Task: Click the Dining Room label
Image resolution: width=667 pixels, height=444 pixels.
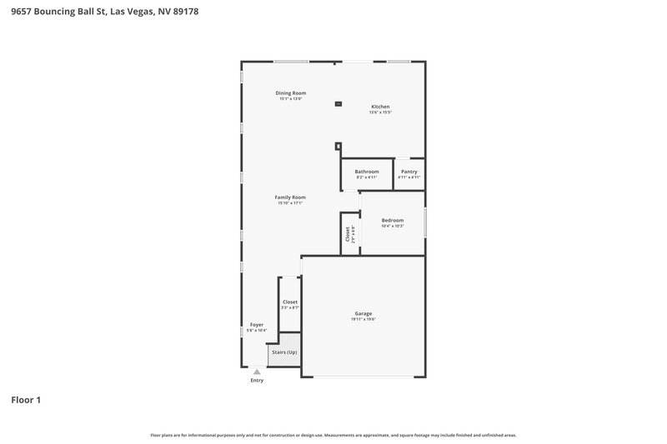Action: [x=291, y=92]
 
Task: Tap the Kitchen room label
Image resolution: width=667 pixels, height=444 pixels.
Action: [x=380, y=107]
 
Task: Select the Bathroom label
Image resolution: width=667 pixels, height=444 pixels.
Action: [x=367, y=172]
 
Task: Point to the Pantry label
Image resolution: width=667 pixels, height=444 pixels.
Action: [x=409, y=172]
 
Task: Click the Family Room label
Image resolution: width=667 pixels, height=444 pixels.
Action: [x=290, y=197]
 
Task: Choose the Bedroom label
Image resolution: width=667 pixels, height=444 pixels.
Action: [x=392, y=220]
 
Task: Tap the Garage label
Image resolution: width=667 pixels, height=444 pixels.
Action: [x=364, y=313]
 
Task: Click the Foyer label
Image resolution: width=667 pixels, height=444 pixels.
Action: [x=257, y=325]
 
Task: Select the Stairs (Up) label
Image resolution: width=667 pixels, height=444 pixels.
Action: [x=283, y=352]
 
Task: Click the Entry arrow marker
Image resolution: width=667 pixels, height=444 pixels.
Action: [x=257, y=372]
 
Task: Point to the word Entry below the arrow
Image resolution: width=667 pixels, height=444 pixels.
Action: [x=257, y=381]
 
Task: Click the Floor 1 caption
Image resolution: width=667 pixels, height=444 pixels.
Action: [x=26, y=401]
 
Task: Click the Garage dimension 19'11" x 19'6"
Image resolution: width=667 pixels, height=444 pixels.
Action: [x=364, y=319]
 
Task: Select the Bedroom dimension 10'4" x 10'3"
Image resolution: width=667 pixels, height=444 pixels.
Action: [x=392, y=226]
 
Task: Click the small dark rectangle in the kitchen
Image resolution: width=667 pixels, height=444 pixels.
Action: [x=338, y=104]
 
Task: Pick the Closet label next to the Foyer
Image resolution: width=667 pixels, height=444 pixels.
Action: [x=290, y=302]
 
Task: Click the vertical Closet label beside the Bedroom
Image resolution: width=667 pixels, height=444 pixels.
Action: [x=347, y=234]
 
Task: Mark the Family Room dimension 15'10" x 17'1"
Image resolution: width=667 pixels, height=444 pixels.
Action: [x=290, y=202]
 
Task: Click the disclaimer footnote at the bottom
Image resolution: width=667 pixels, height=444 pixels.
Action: [x=333, y=435]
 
